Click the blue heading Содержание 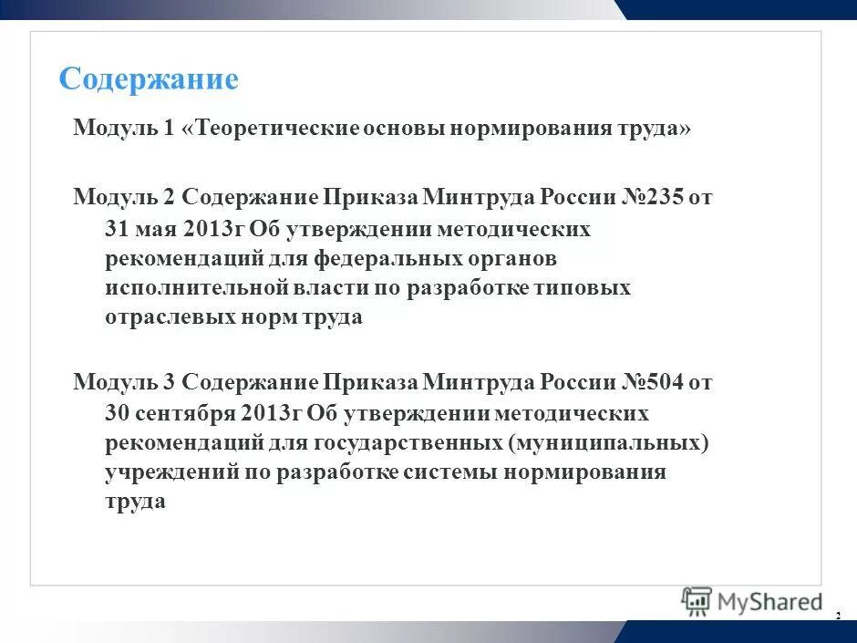[x=149, y=79]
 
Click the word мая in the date [x=160, y=229]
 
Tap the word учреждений [x=170, y=472]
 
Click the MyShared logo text [x=770, y=602]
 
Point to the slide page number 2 [x=837, y=617]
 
